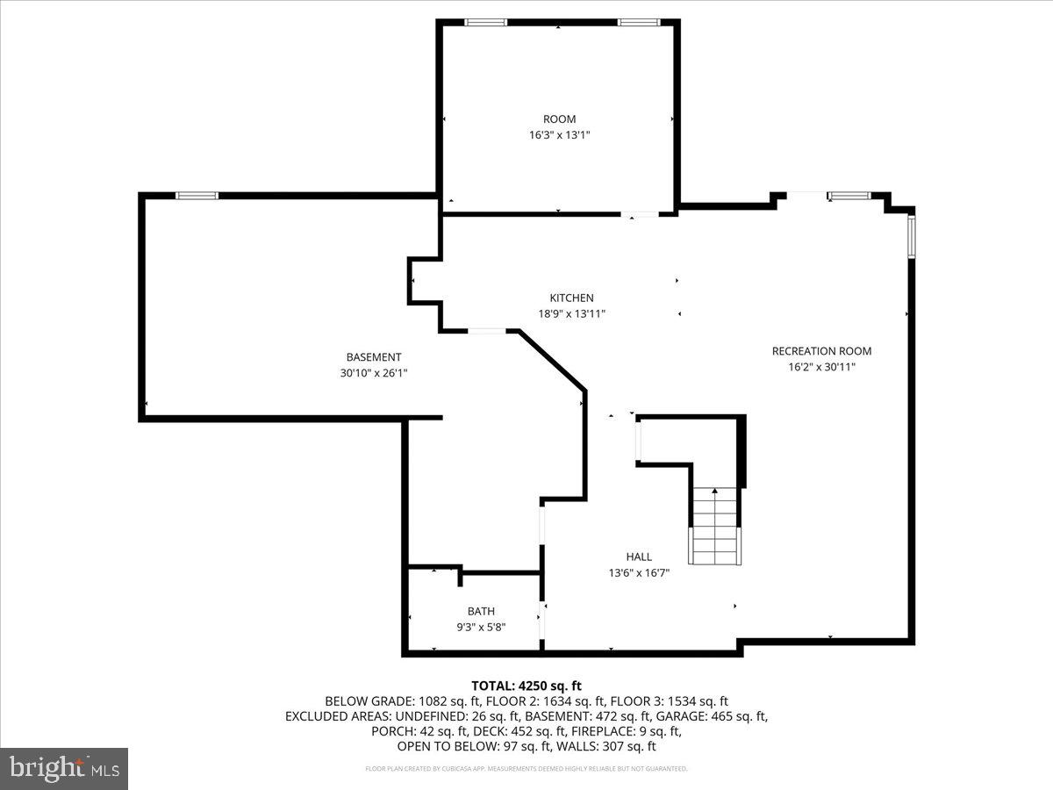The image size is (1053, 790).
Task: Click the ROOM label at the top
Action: (x=559, y=119)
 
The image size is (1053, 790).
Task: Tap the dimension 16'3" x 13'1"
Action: (x=559, y=135)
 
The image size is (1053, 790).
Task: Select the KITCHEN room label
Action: (x=571, y=298)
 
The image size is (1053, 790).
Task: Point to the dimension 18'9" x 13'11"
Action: (x=571, y=313)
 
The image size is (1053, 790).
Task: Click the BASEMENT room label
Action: (x=374, y=357)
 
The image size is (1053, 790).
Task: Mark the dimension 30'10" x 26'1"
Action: (x=374, y=372)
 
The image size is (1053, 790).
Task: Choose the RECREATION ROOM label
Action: (x=821, y=351)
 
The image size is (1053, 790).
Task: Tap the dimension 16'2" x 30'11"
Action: (x=821, y=367)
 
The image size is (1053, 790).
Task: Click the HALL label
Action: (x=639, y=557)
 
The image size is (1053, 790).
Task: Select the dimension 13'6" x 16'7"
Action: (x=639, y=572)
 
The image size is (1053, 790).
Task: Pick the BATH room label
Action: (x=481, y=612)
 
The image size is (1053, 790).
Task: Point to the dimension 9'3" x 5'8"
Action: (x=481, y=627)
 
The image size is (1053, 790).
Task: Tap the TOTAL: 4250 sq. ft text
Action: (x=526, y=686)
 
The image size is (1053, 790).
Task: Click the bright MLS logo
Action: (x=64, y=769)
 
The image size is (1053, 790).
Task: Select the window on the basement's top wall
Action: (x=197, y=195)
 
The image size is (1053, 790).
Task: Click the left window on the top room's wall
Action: (x=486, y=22)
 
